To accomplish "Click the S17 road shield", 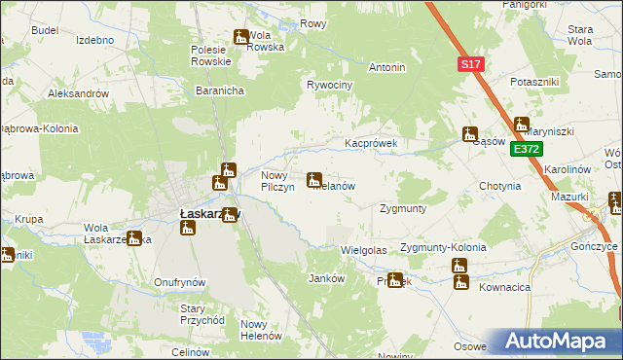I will pos(471,64).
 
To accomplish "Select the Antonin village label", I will pos(386,68).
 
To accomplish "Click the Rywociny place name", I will pos(329,85).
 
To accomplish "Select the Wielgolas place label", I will pos(364,250).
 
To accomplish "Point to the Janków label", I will pos(326,277).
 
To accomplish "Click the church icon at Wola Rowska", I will pos(240,38).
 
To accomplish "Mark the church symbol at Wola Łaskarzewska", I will pos(134,237).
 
